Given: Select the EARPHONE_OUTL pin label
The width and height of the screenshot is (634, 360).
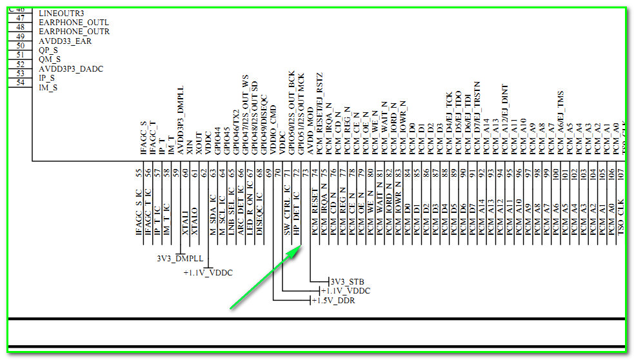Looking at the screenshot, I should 73,22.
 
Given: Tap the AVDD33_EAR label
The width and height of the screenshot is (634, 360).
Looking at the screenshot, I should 65,41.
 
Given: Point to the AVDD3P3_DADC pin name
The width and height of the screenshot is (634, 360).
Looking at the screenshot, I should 71,68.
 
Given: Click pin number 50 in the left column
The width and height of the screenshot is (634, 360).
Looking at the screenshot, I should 20,46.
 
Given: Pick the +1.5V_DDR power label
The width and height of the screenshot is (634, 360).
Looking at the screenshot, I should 333,301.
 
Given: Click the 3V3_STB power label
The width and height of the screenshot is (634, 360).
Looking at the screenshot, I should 346,281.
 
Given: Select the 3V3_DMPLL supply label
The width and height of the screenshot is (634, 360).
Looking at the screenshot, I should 180,257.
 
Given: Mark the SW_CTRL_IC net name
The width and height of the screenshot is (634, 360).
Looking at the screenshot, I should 287,214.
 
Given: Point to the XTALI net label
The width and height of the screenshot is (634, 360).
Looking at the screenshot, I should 184,219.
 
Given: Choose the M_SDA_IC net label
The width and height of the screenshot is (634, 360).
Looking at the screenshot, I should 212,216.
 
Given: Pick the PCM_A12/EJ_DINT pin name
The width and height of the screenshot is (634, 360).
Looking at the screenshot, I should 504,119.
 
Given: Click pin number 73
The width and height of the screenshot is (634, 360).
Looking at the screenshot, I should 305,173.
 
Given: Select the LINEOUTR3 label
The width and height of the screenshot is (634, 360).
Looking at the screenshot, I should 61,13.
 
